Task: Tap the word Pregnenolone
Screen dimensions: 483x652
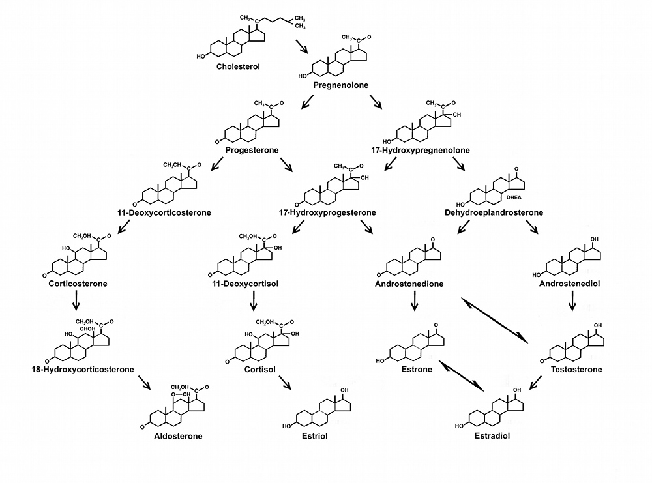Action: pos(341,85)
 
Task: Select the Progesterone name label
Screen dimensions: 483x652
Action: pos(252,150)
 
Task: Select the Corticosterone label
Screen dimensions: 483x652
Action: pos(78,284)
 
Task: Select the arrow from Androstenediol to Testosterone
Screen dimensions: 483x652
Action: pos(572,300)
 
